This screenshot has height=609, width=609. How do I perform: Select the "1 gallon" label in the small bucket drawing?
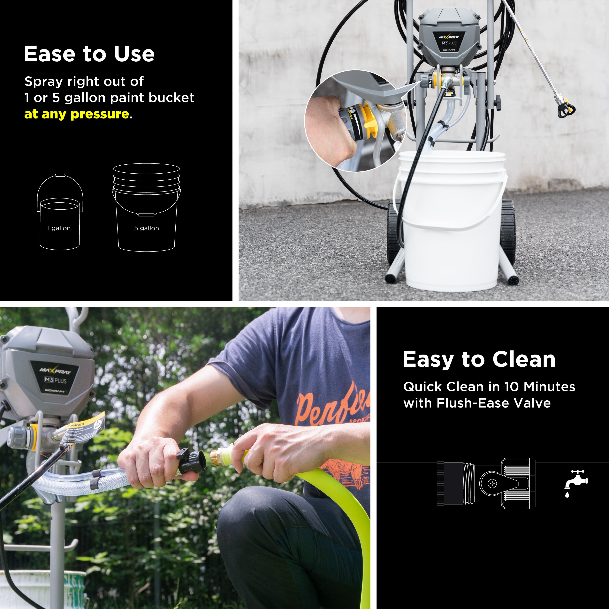coord(59,228)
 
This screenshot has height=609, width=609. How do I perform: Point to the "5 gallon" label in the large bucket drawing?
coord(147,228)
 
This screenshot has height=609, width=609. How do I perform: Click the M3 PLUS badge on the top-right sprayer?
coord(449,43)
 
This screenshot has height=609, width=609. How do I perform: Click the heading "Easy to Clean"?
coord(479,359)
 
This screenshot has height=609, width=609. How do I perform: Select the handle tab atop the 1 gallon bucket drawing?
coord(60,175)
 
